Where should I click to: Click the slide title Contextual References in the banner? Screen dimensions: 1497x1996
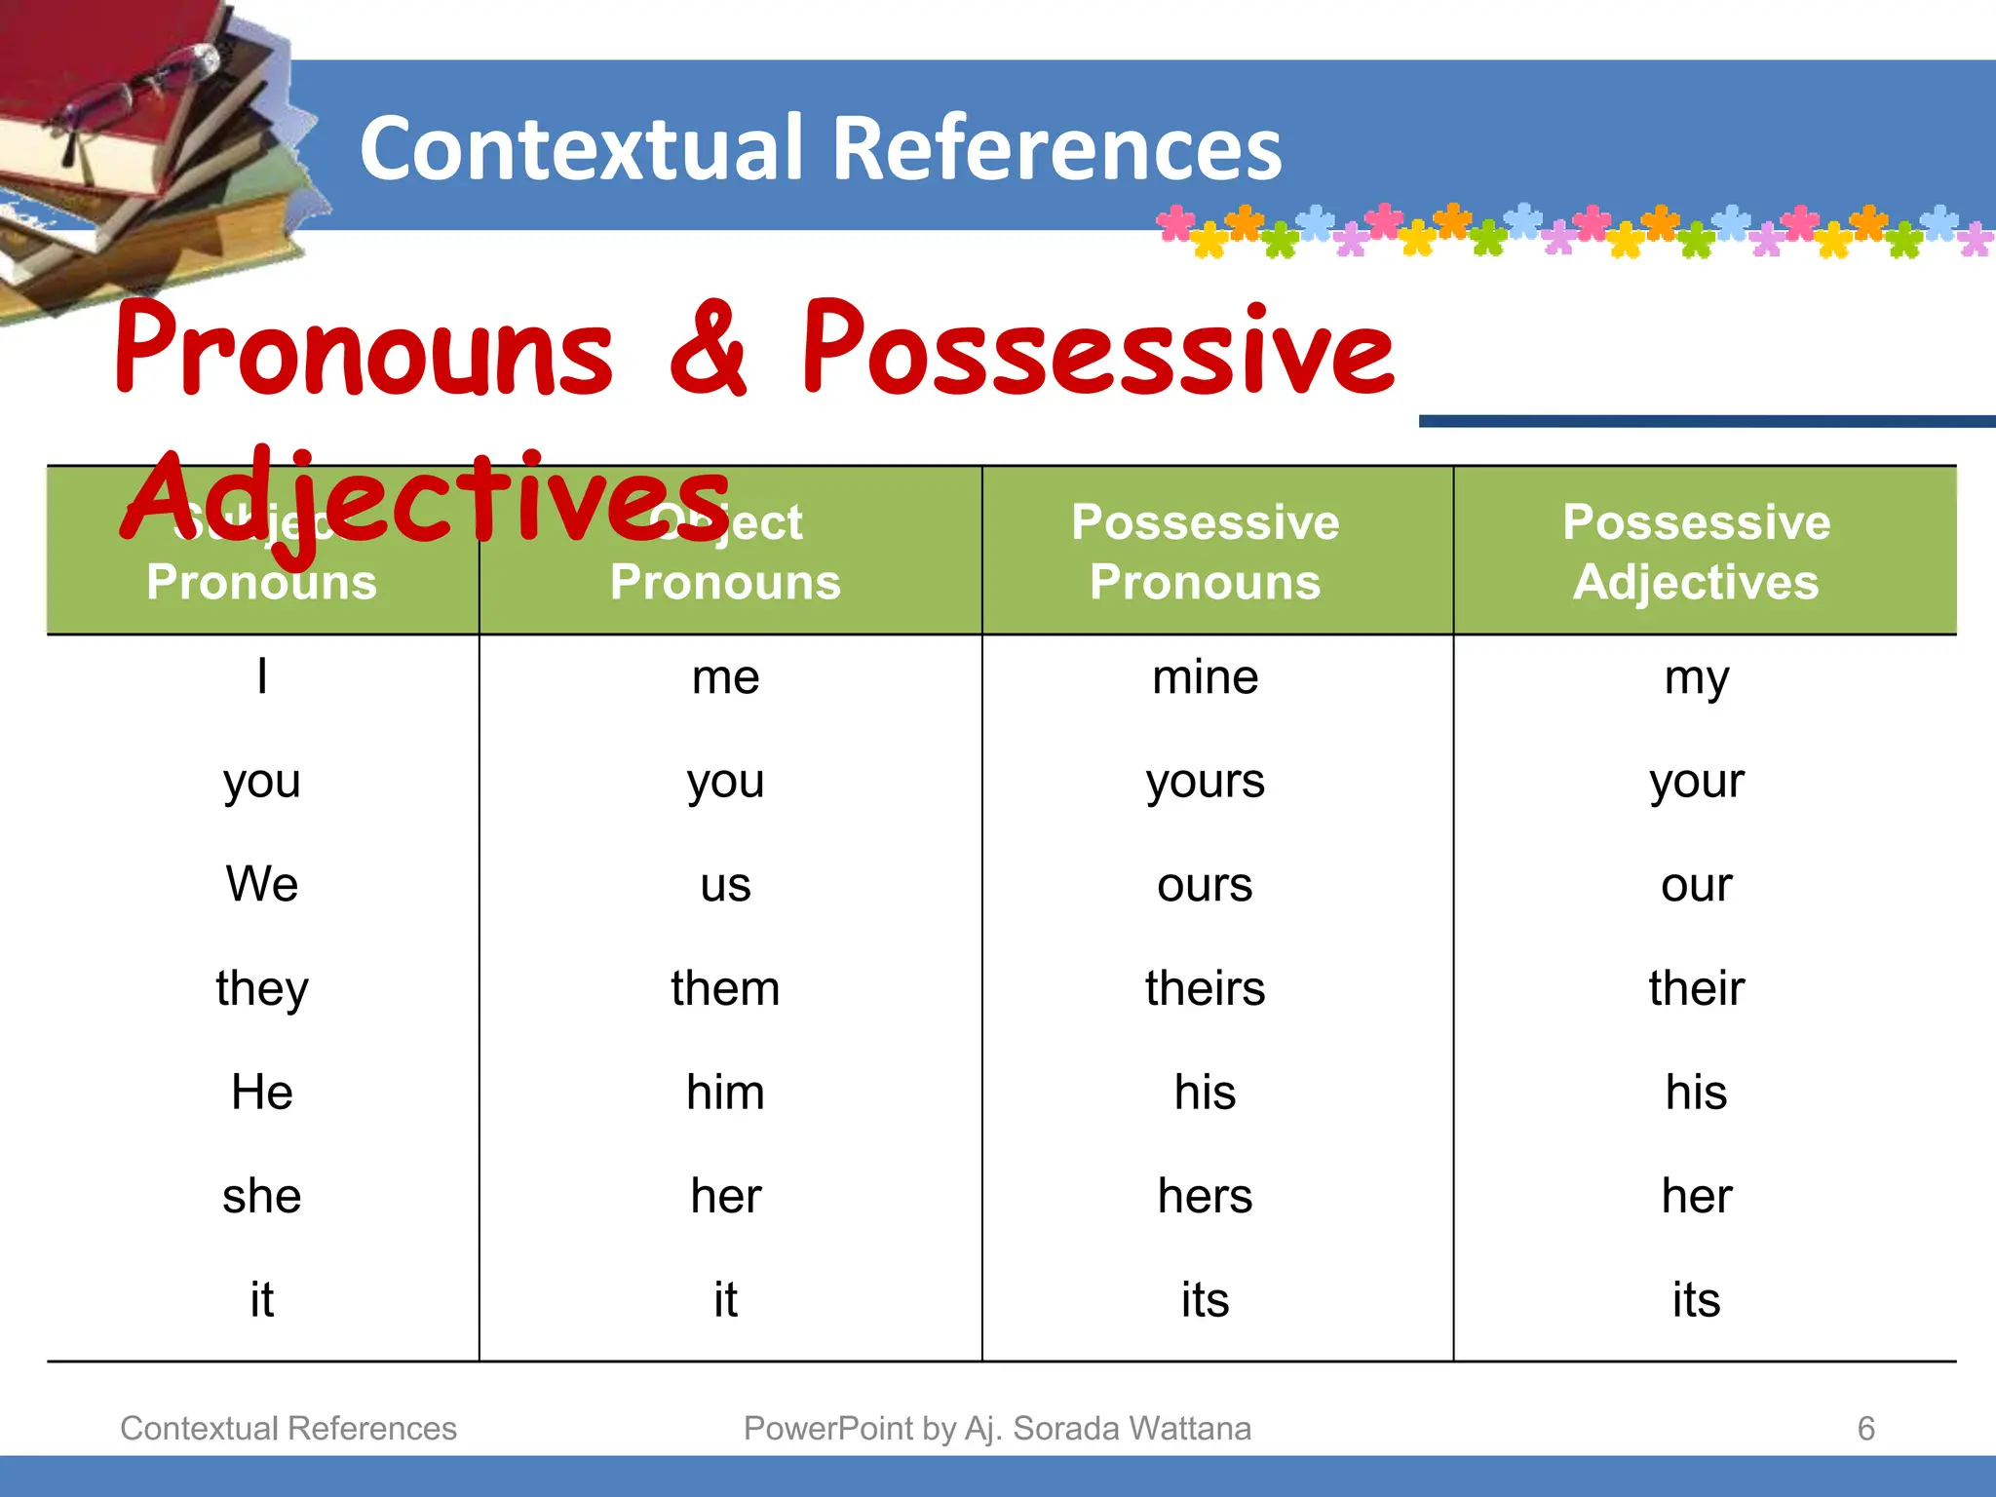[x=820, y=148]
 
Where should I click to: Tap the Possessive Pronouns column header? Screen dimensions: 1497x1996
[x=1206, y=552]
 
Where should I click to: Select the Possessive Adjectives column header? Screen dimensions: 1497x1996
[x=1696, y=552]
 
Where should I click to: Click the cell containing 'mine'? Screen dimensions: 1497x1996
[x=1206, y=677]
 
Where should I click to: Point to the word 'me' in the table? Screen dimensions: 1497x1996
[x=725, y=677]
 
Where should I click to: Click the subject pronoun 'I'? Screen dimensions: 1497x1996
[x=262, y=676]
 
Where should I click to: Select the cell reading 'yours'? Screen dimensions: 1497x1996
[x=1206, y=782]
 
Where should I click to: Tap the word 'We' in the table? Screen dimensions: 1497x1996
[x=262, y=884]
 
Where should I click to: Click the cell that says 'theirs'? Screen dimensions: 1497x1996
[x=1206, y=988]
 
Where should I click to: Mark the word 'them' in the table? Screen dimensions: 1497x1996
[x=725, y=988]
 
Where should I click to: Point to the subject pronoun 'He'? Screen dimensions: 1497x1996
[x=262, y=1092]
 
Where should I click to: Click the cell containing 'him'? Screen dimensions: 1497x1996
[x=725, y=1092]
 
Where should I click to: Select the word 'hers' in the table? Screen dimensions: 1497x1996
[x=1206, y=1196]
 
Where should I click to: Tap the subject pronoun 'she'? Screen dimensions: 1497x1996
[x=262, y=1196]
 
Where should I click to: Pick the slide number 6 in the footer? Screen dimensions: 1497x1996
[x=1865, y=1429]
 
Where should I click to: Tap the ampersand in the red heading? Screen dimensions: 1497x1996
[x=709, y=349]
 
